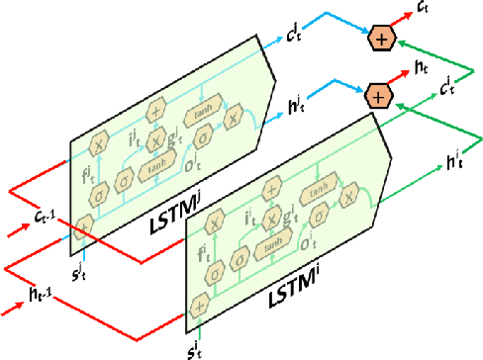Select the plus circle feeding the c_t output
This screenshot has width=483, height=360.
[x=380, y=40]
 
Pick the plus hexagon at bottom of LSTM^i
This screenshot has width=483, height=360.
[x=201, y=306]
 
